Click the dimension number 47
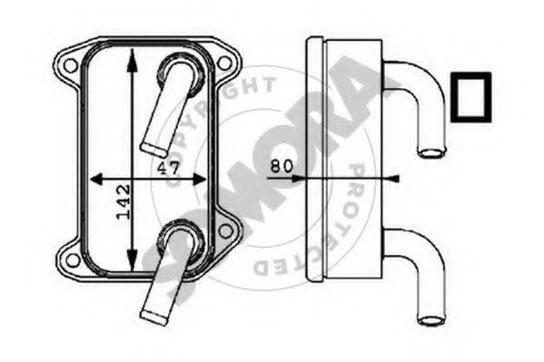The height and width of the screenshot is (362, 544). tap(169, 168)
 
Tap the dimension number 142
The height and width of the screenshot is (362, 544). tap(124, 201)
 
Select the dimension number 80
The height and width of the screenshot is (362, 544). tap(282, 166)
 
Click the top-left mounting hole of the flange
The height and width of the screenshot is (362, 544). tap(71, 65)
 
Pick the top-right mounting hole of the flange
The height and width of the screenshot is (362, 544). tap(223, 64)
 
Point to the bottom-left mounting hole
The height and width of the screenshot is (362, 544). tap(73, 260)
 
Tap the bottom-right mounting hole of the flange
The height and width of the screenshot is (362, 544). tap(225, 231)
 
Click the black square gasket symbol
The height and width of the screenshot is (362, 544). tap(470, 97)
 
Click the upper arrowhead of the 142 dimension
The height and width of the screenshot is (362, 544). tap(132, 60)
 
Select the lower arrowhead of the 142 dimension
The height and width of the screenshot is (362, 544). tap(132, 259)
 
